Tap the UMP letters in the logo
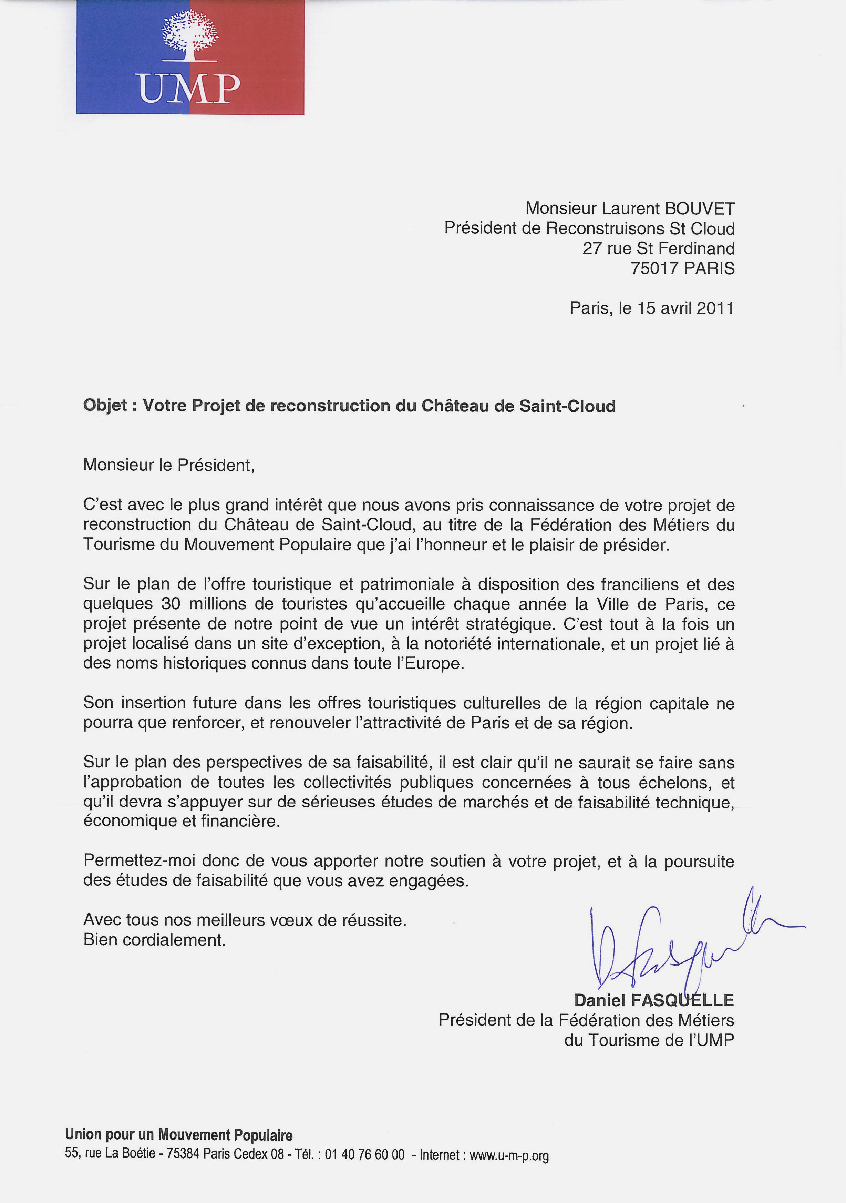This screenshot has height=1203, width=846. [x=190, y=88]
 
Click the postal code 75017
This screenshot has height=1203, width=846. [x=655, y=268]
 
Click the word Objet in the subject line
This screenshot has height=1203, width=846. [x=105, y=406]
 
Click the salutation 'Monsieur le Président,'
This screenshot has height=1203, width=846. [x=169, y=465]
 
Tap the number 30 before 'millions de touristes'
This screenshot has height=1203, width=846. [x=171, y=604]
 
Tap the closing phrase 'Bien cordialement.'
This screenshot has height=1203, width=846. [x=155, y=940]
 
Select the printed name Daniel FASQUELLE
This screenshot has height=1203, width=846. [x=654, y=1000]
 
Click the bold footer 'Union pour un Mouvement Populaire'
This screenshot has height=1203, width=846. [x=179, y=1135]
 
